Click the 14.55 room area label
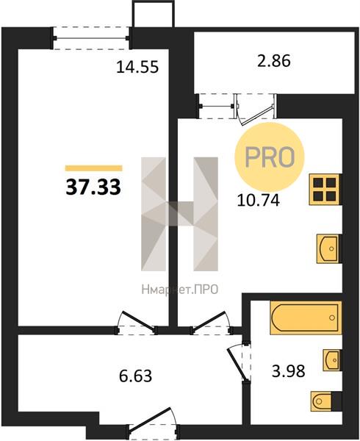(137, 68)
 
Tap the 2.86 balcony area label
(274, 61)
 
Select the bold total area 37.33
(93, 187)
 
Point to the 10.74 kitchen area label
(259, 200)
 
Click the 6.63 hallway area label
(135, 376)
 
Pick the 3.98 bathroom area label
(288, 370)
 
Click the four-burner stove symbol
(325, 190)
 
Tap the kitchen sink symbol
(328, 248)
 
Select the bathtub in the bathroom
(306, 318)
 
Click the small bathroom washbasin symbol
(331, 360)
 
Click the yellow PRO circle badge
(270, 157)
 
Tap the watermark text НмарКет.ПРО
(180, 290)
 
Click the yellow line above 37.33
(93, 168)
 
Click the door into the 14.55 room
(136, 323)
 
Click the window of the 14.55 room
(91, 38)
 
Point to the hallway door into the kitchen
(212, 323)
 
